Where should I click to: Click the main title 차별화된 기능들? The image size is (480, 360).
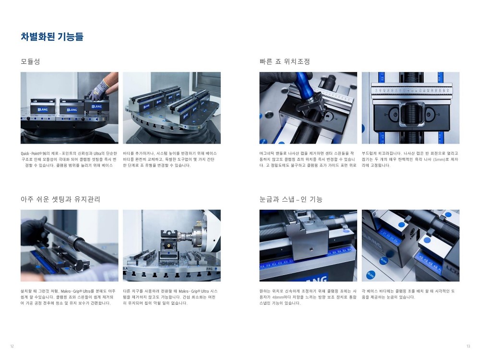(x=52, y=36)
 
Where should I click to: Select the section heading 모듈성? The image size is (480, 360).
(x=30, y=61)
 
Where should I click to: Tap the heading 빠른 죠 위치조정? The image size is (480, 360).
(x=285, y=61)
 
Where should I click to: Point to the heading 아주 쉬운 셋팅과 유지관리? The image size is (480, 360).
(x=60, y=199)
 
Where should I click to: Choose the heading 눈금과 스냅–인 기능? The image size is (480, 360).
(x=291, y=199)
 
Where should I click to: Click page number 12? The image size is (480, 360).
(x=12, y=346)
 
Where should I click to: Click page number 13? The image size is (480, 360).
(x=468, y=346)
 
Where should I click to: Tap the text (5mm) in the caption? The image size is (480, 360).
(x=439, y=159)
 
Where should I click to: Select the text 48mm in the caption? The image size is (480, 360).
(x=277, y=297)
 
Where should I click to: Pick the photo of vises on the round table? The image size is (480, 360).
(x=172, y=108)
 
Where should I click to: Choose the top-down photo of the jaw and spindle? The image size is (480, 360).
(x=410, y=108)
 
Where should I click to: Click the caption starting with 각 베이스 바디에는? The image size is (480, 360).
(x=408, y=294)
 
